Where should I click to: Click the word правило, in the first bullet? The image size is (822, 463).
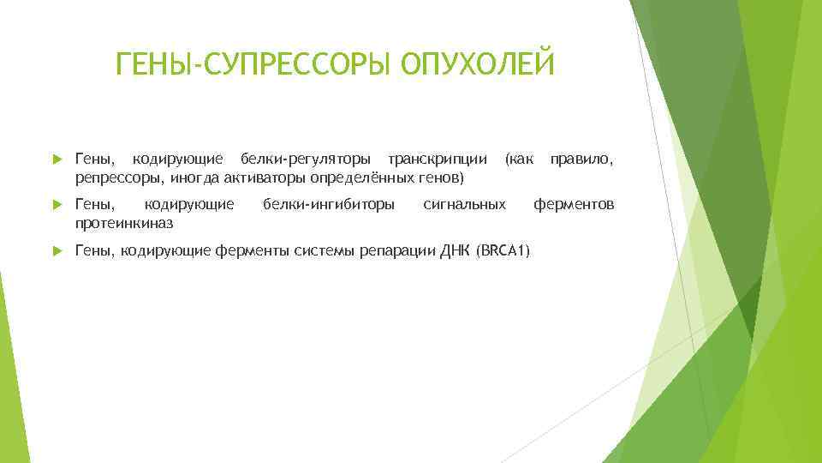click(x=581, y=159)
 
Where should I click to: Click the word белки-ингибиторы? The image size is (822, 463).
click(x=329, y=204)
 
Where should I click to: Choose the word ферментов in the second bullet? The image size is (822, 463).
click(x=574, y=204)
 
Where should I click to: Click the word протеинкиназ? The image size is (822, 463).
click(x=124, y=224)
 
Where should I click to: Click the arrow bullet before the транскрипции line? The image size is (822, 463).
click(x=55, y=159)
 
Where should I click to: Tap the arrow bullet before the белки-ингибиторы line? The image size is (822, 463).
click(x=55, y=205)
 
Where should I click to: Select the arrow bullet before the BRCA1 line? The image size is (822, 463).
click(x=55, y=250)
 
